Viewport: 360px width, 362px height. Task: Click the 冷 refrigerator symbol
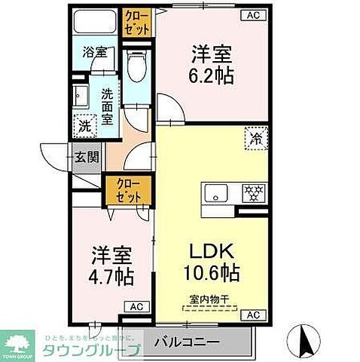256,138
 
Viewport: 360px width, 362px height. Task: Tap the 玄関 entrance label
85,158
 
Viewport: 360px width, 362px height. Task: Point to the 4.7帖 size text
112,276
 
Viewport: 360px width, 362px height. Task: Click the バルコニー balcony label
186,342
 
